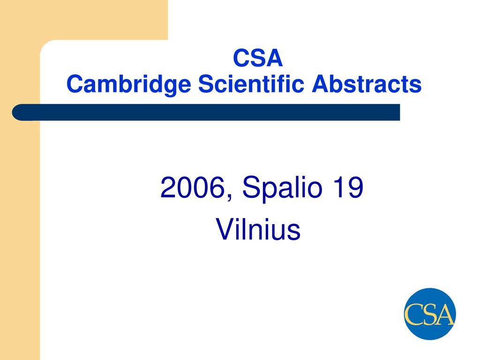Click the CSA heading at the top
tap(258, 58)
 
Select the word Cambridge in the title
tap(129, 84)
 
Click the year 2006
tap(193, 187)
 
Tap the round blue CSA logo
tap(430, 314)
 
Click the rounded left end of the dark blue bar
tap(15, 112)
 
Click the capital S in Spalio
tap(252, 187)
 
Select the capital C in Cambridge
tap(75, 83)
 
